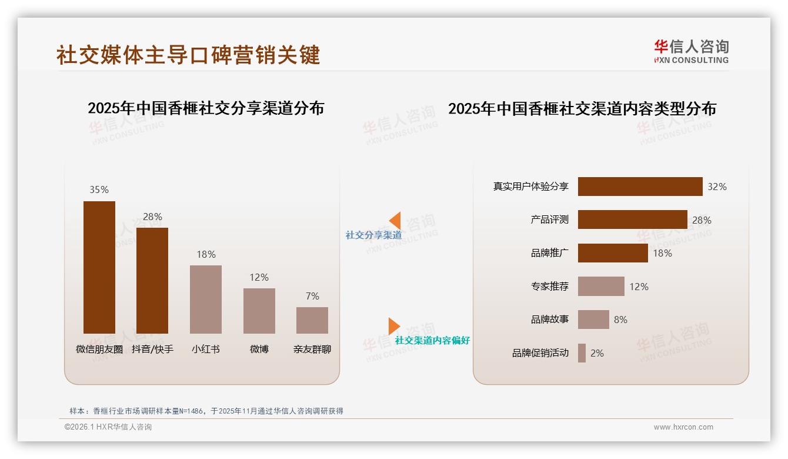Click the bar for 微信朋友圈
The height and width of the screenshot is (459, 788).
(x=99, y=267)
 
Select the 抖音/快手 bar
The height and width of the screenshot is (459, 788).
(x=152, y=281)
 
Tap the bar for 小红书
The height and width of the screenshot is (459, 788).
(x=206, y=299)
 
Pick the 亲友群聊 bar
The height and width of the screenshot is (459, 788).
(x=312, y=320)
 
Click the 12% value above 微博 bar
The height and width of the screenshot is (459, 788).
(x=259, y=277)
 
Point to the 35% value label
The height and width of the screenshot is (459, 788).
(x=99, y=189)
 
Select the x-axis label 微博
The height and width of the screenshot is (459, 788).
(x=259, y=349)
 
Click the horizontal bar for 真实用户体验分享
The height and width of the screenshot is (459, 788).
(x=640, y=187)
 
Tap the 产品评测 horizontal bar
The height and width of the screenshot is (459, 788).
(x=632, y=219)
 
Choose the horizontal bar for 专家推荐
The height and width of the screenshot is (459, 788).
(x=601, y=287)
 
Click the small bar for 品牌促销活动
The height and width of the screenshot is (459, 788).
(x=582, y=353)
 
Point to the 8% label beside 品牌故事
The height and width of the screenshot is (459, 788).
(x=620, y=320)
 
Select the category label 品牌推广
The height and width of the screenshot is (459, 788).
(x=549, y=253)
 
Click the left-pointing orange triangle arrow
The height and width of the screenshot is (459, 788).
(x=395, y=221)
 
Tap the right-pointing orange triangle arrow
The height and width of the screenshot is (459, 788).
(x=394, y=326)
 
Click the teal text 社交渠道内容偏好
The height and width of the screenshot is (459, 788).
(x=432, y=340)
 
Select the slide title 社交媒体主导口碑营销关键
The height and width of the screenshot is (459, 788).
(x=188, y=55)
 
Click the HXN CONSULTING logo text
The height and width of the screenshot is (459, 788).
(x=691, y=59)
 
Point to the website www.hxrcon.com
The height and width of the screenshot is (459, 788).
(x=683, y=427)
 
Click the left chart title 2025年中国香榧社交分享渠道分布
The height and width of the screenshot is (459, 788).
(x=206, y=108)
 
